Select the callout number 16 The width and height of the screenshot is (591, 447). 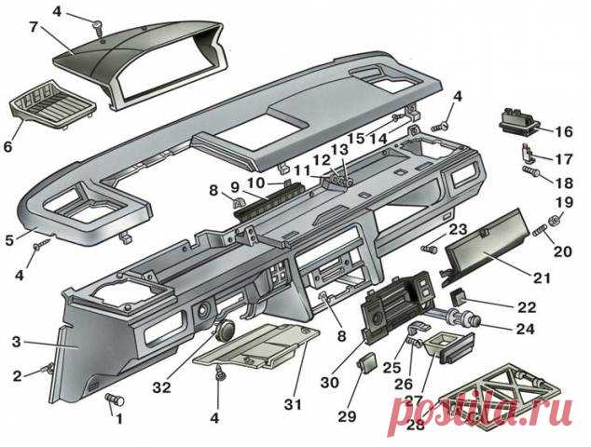(x=564, y=131)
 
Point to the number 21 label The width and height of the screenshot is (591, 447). (x=542, y=278)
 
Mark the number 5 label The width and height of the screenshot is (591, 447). (x=9, y=239)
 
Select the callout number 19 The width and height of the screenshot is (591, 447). (x=564, y=202)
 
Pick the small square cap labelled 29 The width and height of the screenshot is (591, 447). (x=367, y=361)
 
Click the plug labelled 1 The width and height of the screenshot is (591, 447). (x=117, y=400)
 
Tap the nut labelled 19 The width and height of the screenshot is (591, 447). (x=553, y=220)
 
